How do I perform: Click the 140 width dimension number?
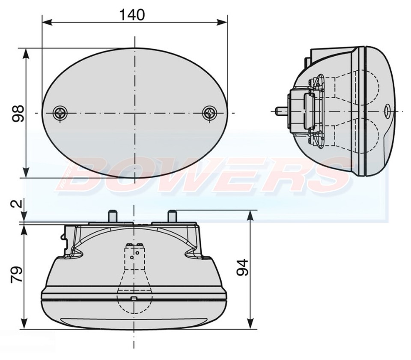click(132, 15)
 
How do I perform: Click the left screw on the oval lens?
click(60, 113)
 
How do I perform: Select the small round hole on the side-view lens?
click(387, 111)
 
